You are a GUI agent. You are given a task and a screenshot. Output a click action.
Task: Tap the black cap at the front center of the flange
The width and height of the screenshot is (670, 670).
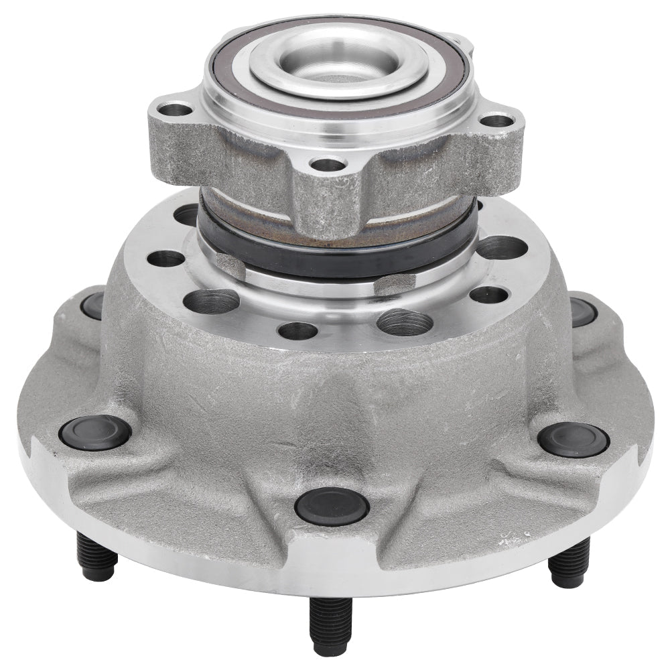tap(332, 506)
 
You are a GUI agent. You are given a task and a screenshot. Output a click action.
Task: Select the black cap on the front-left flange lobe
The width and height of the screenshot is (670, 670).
tap(94, 433)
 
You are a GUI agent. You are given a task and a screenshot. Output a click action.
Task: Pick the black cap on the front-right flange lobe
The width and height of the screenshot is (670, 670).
tap(573, 440)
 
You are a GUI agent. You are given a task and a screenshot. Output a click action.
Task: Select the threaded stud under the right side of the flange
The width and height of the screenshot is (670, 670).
tap(569, 562)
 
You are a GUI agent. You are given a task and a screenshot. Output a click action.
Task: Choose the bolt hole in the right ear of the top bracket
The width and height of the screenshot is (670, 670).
tap(498, 121)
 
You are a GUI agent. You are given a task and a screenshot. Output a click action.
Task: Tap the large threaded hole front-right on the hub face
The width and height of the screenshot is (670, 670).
tap(404, 322)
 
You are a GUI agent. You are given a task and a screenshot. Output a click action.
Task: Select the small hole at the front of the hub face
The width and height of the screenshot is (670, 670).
tap(297, 330)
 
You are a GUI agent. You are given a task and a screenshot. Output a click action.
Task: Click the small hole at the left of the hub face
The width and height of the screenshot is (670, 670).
tap(165, 259)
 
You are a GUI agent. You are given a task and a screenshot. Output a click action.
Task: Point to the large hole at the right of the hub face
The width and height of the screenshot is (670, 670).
tap(502, 247)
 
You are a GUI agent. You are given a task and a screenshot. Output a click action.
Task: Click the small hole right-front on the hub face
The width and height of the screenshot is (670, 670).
tap(488, 294)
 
